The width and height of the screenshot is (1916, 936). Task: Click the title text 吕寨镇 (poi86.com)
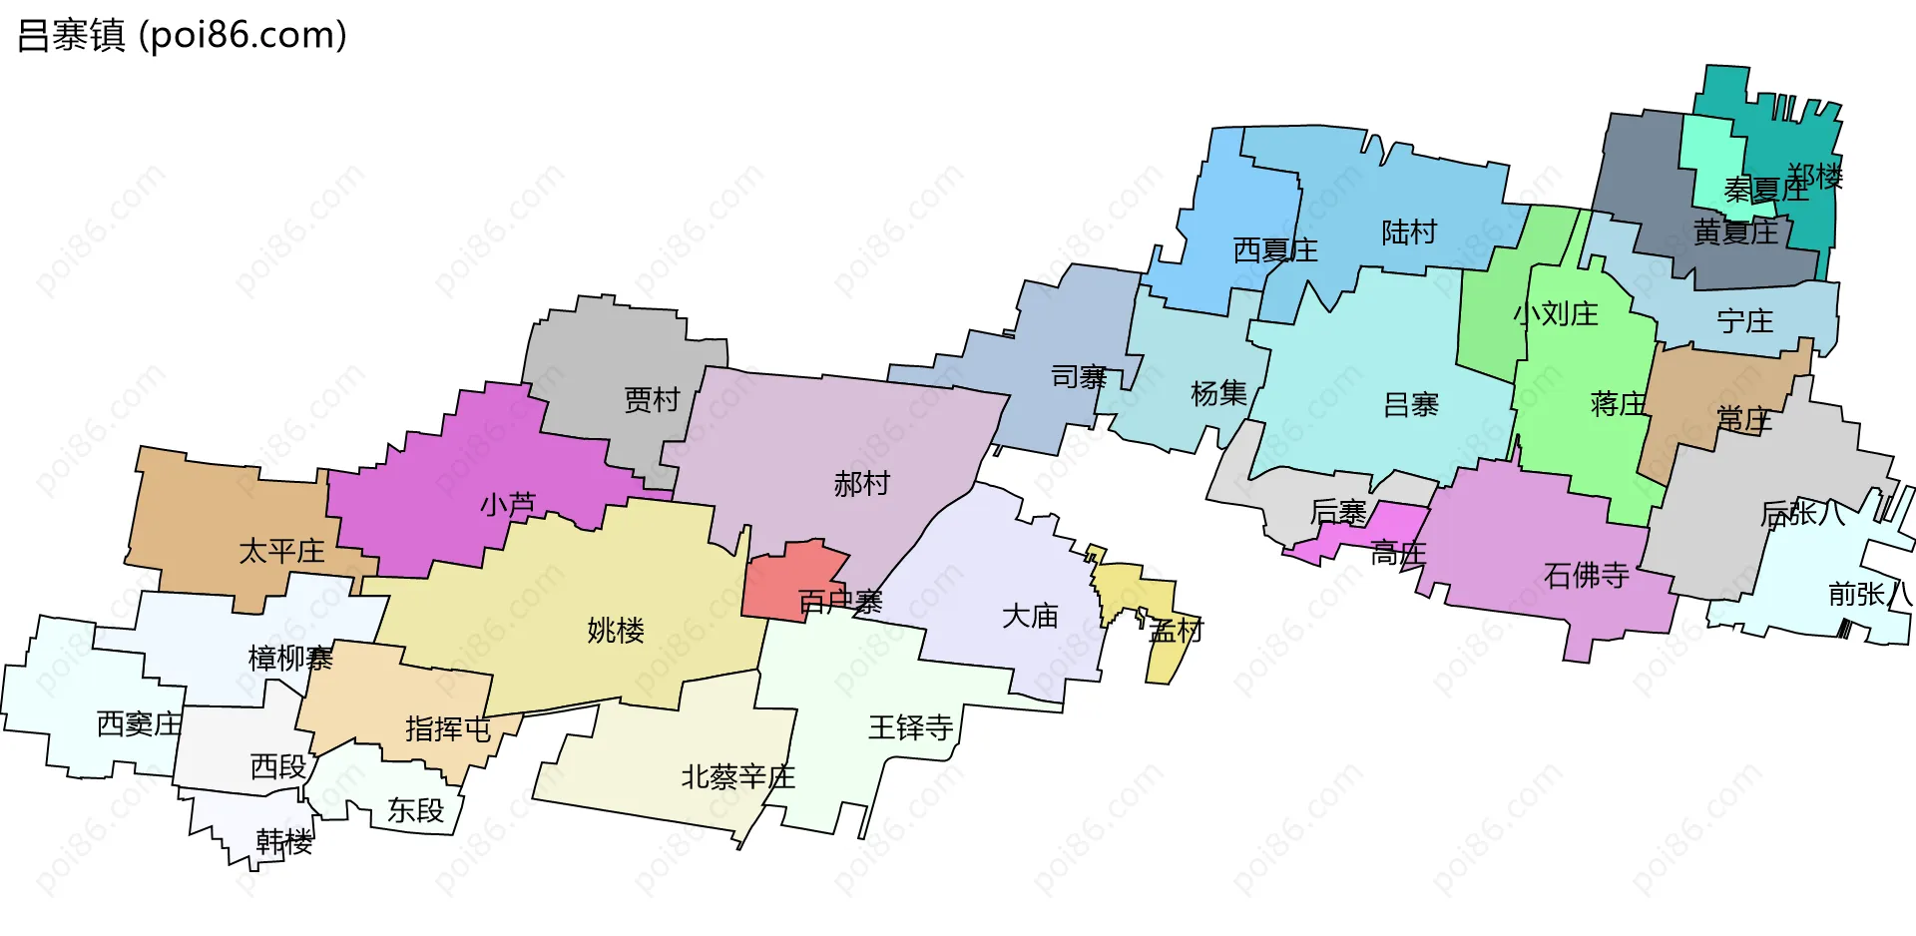(x=182, y=36)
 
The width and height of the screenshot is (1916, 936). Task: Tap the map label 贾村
(x=652, y=400)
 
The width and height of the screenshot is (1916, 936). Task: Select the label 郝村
(x=861, y=484)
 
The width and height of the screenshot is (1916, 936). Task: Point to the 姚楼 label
(x=616, y=631)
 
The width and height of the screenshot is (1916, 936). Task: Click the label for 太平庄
(x=281, y=552)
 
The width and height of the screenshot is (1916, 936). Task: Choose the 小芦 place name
(x=508, y=505)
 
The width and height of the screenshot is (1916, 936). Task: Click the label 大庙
(x=1030, y=617)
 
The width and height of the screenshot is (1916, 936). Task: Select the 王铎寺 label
(x=910, y=727)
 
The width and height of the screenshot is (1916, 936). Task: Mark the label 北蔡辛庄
(x=737, y=777)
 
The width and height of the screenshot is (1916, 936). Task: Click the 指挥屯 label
(x=448, y=729)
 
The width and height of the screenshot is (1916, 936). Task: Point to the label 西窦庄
(x=139, y=724)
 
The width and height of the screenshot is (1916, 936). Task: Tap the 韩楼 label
(x=284, y=842)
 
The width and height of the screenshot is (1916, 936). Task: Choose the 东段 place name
(x=415, y=810)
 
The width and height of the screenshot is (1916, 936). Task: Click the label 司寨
(x=1079, y=377)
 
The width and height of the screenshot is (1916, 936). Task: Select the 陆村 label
(x=1409, y=233)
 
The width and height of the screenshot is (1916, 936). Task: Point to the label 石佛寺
(x=1586, y=576)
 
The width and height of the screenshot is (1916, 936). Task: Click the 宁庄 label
(x=1745, y=321)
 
